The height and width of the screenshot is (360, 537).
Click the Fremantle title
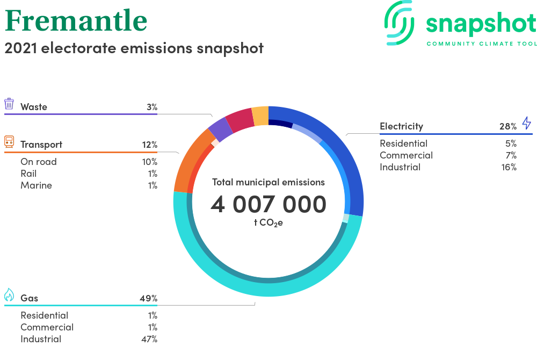point(76,21)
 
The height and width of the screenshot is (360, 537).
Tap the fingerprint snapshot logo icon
point(400,23)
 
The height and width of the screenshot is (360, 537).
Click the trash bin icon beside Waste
point(9,104)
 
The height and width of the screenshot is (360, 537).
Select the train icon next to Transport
point(9,142)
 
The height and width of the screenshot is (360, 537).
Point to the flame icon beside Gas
point(9,294)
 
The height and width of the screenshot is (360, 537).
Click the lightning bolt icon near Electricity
point(527,123)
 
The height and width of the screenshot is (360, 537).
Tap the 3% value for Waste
point(152,107)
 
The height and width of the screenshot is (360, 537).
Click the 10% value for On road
point(150,162)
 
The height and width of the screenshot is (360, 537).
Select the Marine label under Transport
point(37,185)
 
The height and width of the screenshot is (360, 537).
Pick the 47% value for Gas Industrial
point(149,339)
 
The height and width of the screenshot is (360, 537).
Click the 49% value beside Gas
point(149,298)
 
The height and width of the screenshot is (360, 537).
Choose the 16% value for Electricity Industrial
point(509,167)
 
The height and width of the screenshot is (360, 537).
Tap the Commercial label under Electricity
point(406,155)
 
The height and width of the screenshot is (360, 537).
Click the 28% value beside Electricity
point(508,126)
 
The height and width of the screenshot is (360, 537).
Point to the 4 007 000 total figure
point(268,204)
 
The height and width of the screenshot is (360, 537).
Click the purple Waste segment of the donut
point(221,129)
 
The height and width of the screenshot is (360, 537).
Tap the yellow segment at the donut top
point(260,116)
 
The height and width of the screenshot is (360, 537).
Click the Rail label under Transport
point(28,174)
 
